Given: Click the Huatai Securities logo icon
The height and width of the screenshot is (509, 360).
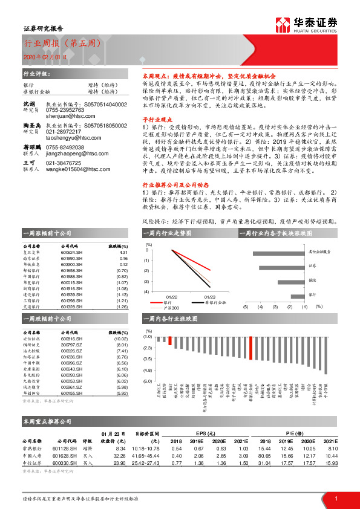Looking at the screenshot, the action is pyautogui.click(x=281, y=25).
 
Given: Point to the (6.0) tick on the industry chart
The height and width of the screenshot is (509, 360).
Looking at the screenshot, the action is pyautogui.click(x=147, y=381).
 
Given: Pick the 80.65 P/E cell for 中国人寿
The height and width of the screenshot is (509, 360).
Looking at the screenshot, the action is pyautogui.click(x=264, y=455).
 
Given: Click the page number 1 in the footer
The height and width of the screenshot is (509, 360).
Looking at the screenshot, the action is pyautogui.click(x=334, y=497).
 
